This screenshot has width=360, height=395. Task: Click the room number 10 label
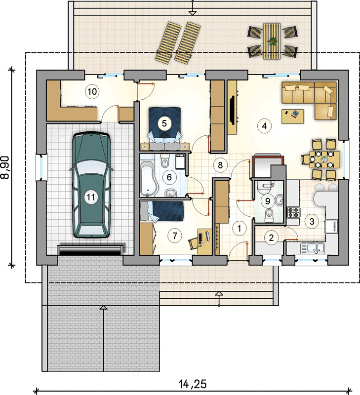[x=92, y=92]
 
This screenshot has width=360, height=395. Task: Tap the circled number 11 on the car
[x=91, y=197]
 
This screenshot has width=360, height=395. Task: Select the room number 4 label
[x=264, y=126]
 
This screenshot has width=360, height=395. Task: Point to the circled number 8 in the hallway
[x=220, y=165]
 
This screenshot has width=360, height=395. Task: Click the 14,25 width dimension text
[x=193, y=385]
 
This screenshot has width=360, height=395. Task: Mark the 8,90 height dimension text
[x=5, y=167]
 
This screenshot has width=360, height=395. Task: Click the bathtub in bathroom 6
[x=149, y=179]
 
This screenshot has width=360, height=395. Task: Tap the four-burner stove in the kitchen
[x=293, y=212]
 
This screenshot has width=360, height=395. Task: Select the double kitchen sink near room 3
[x=312, y=248]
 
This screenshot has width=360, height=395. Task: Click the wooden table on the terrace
[x=272, y=41]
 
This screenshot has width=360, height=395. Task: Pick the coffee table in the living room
[x=292, y=117]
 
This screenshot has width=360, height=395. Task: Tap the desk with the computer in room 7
[x=204, y=241]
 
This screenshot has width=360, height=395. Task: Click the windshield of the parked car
[x=91, y=168]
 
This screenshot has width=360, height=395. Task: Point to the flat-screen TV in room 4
[x=232, y=110]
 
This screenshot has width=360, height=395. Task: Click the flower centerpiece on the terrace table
[x=272, y=41]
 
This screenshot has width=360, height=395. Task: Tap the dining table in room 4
[x=324, y=159]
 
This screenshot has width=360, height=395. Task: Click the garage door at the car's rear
[x=91, y=249]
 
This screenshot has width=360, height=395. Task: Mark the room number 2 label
[x=271, y=237]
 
